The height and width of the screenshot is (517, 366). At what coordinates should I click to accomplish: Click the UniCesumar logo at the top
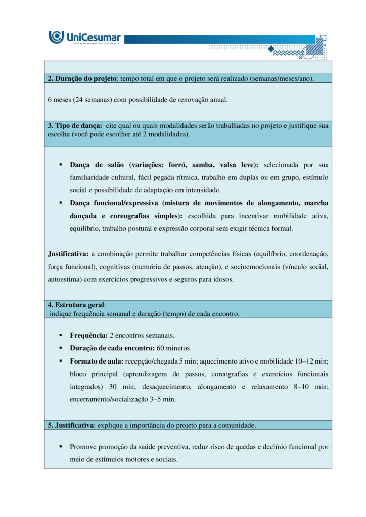(x=84, y=38)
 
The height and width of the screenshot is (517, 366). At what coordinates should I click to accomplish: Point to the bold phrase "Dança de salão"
(x=98, y=165)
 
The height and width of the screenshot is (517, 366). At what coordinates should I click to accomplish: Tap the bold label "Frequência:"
(x=88, y=335)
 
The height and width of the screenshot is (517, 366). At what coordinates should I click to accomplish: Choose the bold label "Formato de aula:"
(x=96, y=361)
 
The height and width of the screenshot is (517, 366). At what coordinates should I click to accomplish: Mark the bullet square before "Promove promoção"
(x=60, y=447)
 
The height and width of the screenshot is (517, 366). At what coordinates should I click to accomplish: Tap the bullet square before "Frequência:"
(x=60, y=335)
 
